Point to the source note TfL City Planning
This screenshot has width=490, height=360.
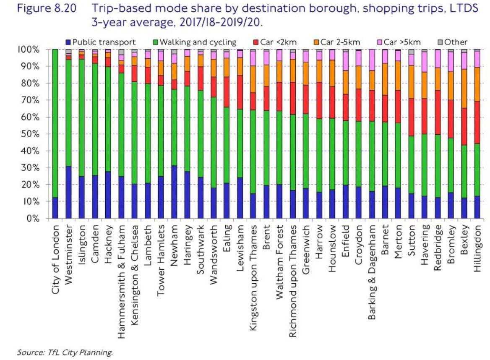click(65, 353)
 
